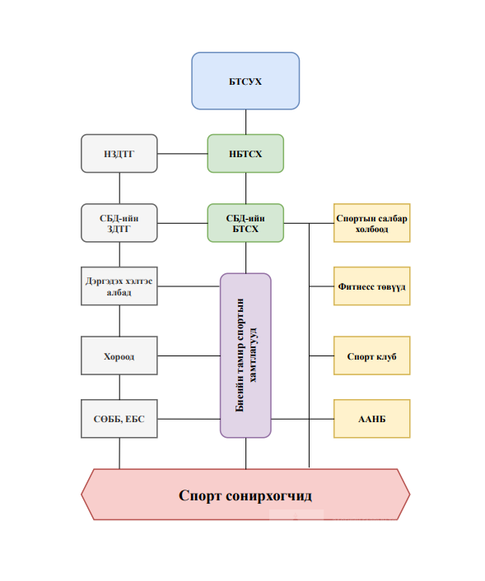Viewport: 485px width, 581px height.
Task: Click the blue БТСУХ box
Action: pos(245,81)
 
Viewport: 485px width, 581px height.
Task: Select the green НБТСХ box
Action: pos(245,153)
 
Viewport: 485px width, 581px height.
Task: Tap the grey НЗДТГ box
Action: pos(119,153)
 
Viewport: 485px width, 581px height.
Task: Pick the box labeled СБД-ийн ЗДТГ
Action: pos(119,223)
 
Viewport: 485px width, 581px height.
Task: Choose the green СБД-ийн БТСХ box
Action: pos(245,223)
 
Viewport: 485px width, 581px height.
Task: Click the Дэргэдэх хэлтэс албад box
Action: pos(119,286)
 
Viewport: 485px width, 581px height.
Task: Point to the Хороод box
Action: pos(119,356)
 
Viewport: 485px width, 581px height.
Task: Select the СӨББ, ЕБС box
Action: pos(119,419)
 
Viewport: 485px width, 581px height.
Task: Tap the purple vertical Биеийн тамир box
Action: pos(245,356)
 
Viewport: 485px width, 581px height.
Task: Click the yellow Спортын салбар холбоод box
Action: pos(372,223)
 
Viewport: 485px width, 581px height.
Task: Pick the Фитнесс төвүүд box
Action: pos(372,286)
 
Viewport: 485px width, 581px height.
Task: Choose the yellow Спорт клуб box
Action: pos(372,356)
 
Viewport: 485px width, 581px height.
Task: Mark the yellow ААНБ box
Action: pos(372,419)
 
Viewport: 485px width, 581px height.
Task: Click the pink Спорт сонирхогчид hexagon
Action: pos(245,495)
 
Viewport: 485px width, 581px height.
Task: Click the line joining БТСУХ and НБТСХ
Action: pos(245,122)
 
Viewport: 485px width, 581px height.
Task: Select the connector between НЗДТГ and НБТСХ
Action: pos(183,153)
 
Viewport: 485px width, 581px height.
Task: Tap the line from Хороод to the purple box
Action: pos(189,356)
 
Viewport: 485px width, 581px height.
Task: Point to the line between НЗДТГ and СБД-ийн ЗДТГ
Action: pos(119,188)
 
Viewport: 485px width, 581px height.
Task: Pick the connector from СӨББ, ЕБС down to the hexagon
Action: pos(119,453)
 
